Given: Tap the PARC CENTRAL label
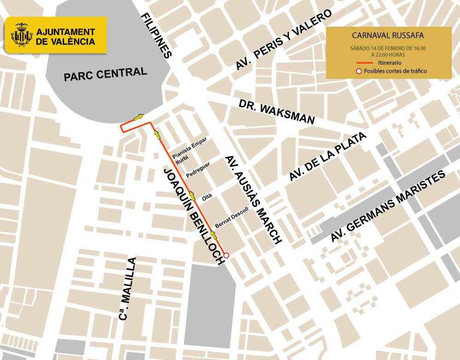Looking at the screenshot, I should pyautogui.click(x=105, y=74).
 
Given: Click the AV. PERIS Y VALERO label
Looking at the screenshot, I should pyautogui.click(x=284, y=41).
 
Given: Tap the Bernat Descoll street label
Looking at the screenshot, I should pyautogui.click(x=231, y=218).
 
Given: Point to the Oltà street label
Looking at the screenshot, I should pyautogui.click(x=207, y=197).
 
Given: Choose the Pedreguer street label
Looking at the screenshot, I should pyautogui.click(x=198, y=170).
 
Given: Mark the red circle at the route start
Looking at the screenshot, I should pyautogui.click(x=226, y=255).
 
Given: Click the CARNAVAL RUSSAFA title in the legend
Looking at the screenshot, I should pyautogui.click(x=387, y=35).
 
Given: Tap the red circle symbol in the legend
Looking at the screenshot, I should pyautogui.click(x=359, y=71).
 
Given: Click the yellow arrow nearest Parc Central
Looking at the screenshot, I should pyautogui.click(x=138, y=117).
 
